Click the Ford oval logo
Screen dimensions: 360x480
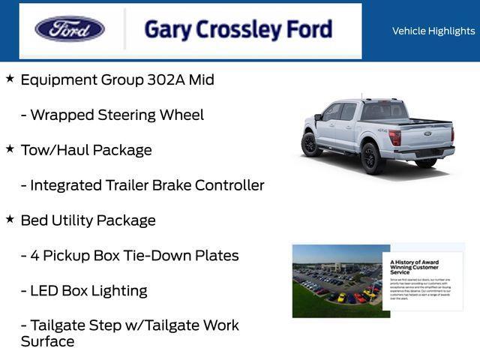(x=70, y=29)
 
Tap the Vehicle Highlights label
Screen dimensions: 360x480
(x=433, y=31)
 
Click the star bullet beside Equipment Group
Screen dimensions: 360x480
(x=10, y=78)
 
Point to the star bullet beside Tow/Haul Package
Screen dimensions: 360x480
(x=10, y=148)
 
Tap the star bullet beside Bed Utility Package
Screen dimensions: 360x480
(x=10, y=219)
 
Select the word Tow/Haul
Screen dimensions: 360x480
(x=53, y=150)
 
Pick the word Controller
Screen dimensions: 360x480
(x=229, y=185)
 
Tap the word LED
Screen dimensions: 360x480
(x=44, y=291)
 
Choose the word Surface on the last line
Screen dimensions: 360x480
(x=47, y=342)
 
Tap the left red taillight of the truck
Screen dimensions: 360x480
(x=394, y=137)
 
